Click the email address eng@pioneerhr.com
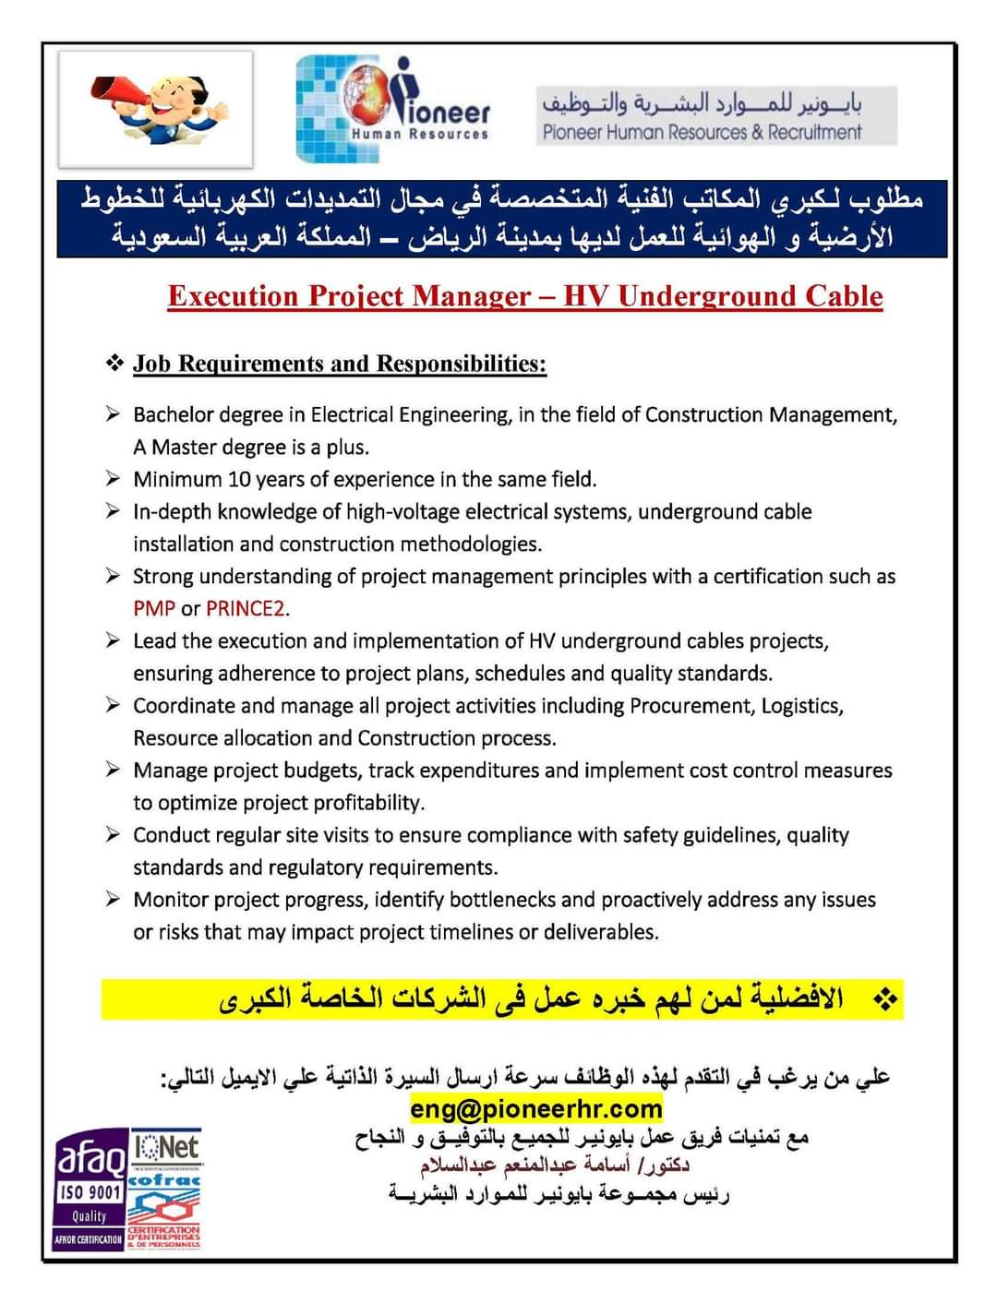536,1108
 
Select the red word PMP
154,609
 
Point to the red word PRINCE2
246,609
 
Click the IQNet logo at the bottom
166,1149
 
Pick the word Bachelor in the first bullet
174,415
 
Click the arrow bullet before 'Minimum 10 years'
113,479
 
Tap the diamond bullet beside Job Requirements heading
114,363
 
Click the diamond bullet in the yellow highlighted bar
885,999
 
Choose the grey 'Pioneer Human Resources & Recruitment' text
702,133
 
